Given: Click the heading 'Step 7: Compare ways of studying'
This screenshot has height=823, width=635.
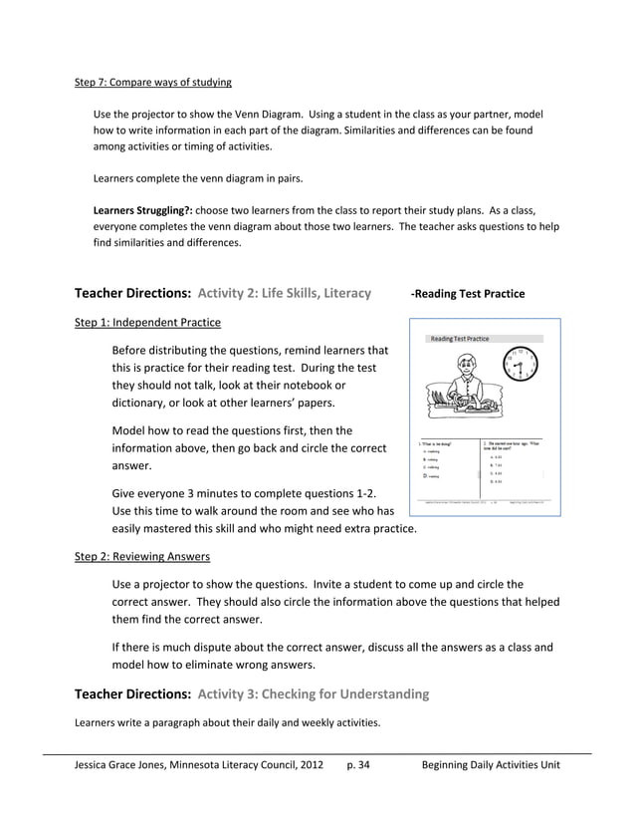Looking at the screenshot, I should (153, 82).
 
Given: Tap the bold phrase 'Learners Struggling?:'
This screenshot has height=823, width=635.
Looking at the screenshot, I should (142, 211).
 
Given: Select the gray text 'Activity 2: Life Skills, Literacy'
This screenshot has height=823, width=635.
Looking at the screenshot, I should (285, 293).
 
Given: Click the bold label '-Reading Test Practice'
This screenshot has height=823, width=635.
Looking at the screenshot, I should (468, 294).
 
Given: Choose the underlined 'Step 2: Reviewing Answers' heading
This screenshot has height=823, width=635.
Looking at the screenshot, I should (142, 556).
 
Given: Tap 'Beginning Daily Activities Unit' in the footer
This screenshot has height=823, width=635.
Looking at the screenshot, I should (491, 765).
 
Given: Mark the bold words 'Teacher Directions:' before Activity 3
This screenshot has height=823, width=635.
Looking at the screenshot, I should (133, 693).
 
